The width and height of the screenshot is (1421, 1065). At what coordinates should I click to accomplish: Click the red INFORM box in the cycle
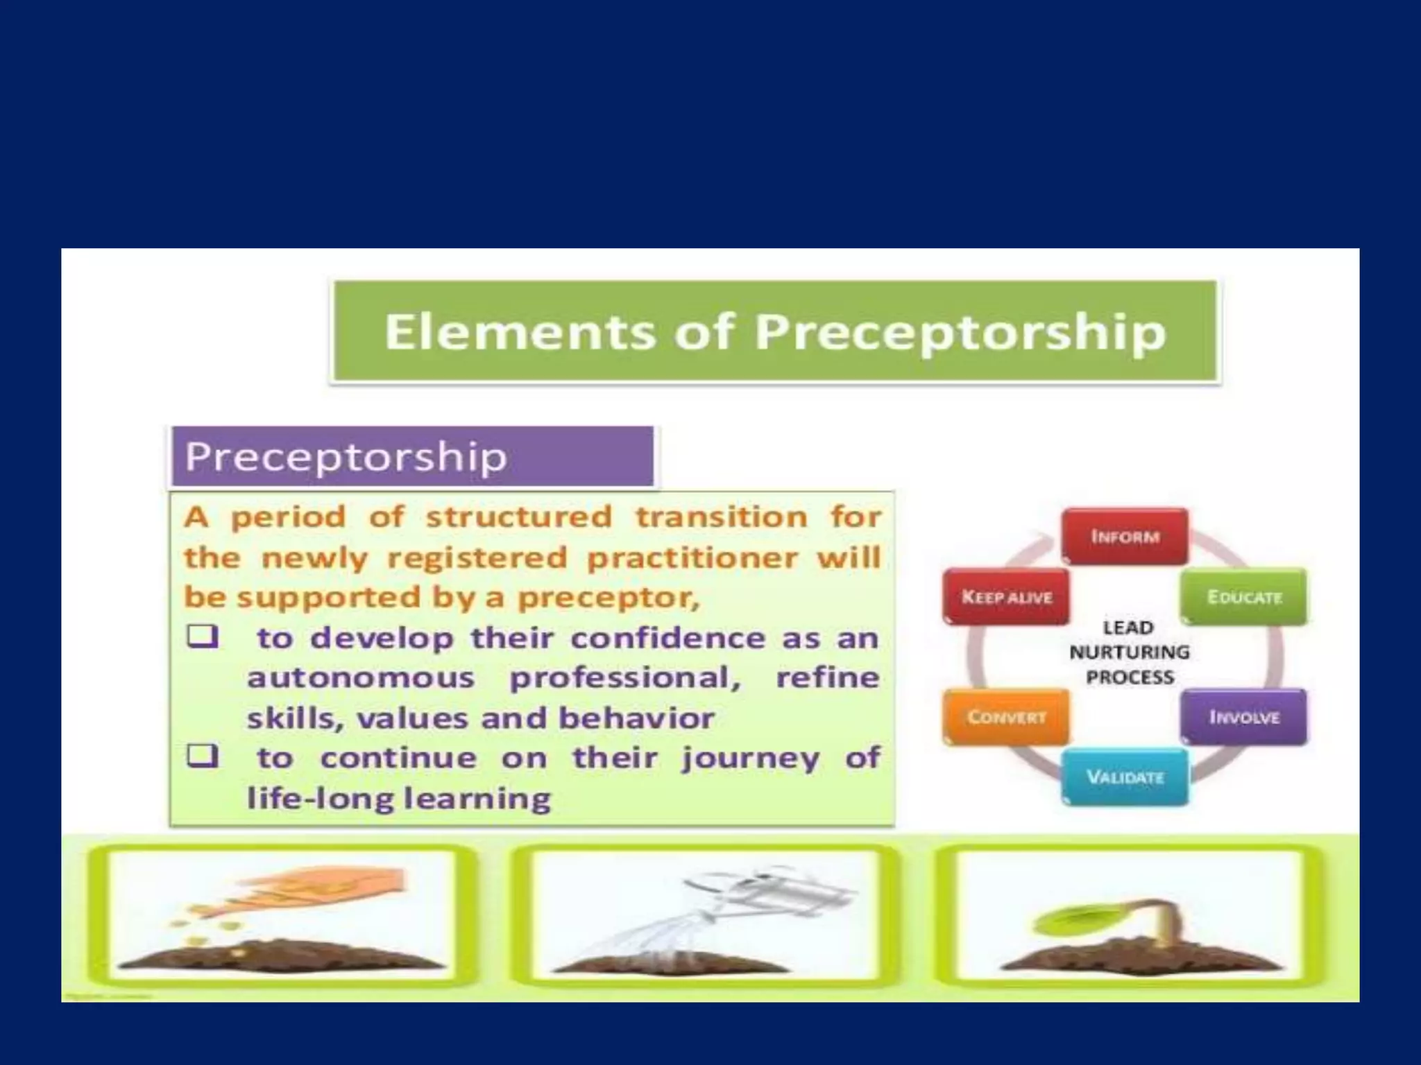1125,537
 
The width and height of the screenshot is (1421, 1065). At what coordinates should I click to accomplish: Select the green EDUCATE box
1244,597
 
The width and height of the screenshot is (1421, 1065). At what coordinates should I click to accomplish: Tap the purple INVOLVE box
1244,717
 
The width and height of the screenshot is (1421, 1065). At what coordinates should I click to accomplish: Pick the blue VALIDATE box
1125,777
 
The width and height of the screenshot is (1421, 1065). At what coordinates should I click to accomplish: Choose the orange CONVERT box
1006,717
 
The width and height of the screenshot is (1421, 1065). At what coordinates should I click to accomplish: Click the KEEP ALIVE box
1006,597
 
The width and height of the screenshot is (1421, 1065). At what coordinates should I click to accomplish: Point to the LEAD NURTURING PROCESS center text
1129,652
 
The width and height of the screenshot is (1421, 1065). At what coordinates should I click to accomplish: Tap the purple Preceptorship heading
346,457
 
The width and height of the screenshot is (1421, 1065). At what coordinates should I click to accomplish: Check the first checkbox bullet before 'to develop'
202,637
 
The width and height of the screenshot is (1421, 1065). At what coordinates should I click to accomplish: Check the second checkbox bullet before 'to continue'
202,756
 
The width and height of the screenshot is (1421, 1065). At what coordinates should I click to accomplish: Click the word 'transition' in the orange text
722,517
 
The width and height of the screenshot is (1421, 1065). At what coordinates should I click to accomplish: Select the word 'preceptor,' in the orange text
609,598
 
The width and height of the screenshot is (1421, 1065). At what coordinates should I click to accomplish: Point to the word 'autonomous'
361,677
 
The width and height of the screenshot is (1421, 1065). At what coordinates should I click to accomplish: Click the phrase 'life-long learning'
399,798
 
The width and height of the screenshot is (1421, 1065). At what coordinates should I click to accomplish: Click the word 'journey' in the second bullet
750,758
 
